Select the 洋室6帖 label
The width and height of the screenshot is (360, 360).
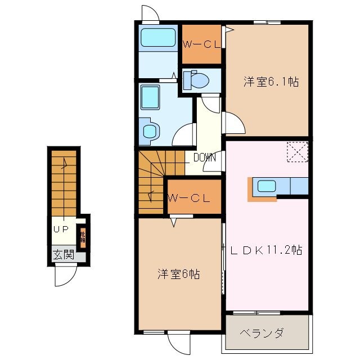coord(178,274)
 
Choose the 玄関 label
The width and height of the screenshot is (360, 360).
coord(64,254)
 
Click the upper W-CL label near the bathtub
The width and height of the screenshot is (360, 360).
coord(201,45)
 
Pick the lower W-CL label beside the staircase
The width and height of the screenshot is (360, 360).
coord(189,197)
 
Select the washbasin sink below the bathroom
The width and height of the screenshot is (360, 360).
coord(150,98)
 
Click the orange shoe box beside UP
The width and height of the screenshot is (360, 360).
coord(83,238)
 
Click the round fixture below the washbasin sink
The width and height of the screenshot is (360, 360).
coord(150,130)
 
